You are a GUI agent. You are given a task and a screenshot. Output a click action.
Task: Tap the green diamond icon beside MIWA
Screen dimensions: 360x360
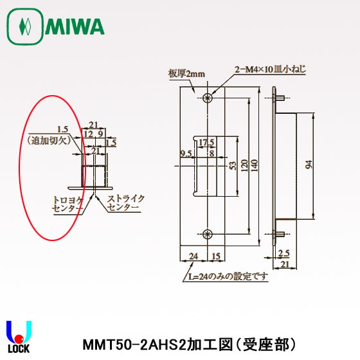point(25,27)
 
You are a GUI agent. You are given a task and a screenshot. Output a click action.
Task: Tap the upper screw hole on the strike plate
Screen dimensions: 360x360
point(207,98)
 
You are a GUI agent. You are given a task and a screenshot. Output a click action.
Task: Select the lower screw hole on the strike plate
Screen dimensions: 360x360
point(207,234)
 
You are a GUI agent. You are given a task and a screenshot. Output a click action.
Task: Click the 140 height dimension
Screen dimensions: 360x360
point(255,165)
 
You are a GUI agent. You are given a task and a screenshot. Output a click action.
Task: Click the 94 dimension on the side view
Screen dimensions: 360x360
point(309,166)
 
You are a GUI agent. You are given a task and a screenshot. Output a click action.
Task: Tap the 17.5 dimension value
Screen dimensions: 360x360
point(206,142)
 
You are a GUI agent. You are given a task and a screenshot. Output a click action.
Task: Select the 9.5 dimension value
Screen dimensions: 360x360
point(186,153)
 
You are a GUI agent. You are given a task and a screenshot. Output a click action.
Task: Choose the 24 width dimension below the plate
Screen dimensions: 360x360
point(193,255)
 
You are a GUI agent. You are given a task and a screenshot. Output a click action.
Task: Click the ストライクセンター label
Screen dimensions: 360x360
point(126,203)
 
